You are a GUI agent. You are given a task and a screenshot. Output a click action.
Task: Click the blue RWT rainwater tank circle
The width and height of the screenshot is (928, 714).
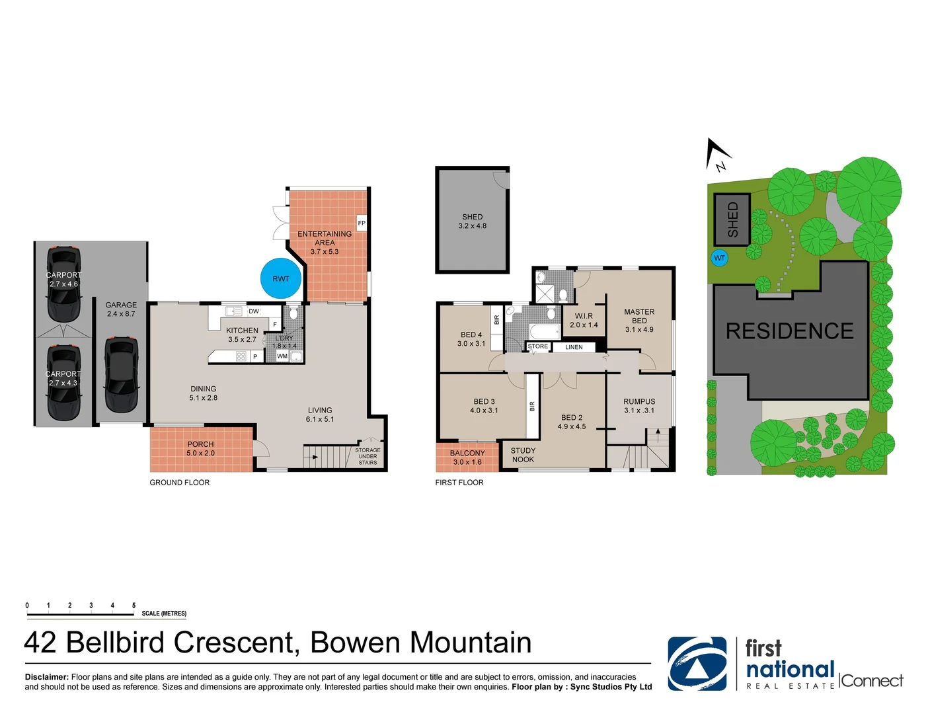[281, 279]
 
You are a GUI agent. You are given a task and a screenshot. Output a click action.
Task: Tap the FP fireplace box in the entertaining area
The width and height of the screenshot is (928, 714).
[362, 223]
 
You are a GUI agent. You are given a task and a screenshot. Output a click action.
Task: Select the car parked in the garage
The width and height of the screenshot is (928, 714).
[121, 374]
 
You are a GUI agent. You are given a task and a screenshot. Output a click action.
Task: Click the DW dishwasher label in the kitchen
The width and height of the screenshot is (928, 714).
[254, 311]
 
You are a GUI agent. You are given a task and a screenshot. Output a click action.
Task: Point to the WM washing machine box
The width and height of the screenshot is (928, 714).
[282, 356]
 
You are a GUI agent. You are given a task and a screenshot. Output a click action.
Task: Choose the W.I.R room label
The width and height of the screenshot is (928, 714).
[584, 316]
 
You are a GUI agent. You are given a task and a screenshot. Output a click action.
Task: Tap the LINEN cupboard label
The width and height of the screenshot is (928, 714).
[574, 347]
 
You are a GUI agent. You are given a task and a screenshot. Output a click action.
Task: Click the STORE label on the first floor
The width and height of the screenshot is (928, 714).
[537, 346]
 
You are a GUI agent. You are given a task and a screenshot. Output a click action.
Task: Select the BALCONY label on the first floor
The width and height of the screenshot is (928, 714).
[467, 454]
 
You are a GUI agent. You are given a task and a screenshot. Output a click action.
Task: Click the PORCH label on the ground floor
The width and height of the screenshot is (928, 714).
[200, 444]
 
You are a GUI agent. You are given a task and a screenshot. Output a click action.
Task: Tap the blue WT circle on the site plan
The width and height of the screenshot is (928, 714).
[719, 258]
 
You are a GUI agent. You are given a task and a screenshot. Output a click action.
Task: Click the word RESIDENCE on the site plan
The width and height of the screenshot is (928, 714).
[789, 331]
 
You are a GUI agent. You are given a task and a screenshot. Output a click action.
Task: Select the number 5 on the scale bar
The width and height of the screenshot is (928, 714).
[134, 606]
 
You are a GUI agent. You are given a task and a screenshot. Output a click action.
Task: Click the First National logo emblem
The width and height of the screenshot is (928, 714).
[697, 664]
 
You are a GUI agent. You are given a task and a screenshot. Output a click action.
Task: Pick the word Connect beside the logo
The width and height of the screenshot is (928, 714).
[872, 681]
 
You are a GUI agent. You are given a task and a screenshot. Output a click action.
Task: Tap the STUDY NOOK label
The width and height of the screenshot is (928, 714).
[523, 455]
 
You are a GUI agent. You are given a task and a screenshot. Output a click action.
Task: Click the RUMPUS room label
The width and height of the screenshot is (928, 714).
[639, 401]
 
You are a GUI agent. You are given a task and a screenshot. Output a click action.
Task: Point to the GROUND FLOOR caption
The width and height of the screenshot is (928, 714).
[179, 483]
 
